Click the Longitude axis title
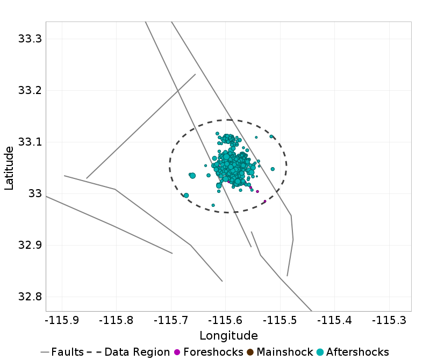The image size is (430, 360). [228, 336]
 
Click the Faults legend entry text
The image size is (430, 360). [67, 352]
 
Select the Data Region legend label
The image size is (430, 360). [137, 352]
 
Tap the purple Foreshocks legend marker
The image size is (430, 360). [177, 352]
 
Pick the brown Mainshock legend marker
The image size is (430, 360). [250, 352]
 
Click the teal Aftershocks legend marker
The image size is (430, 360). [320, 352]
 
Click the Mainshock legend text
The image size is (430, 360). [282, 352]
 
